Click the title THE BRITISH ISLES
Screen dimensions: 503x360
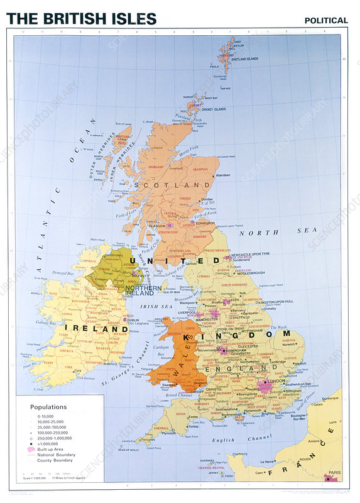[x=82, y=18]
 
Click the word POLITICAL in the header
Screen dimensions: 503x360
[x=326, y=20]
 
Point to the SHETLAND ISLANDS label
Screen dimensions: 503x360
[x=246, y=59]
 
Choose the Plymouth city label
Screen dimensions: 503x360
[x=168, y=433]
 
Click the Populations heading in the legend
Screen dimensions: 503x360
[x=48, y=407]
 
